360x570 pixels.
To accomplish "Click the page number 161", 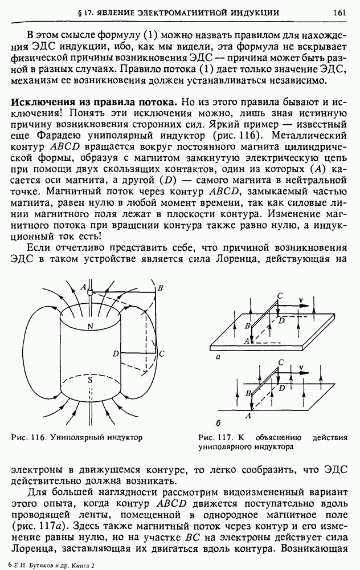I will pos(340,11).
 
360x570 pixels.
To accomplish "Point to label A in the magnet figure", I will pos(84,286).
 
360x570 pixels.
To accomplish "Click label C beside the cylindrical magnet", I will pos(162,354).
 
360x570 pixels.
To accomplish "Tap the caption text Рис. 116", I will pos(28,437).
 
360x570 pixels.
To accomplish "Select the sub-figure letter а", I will pos(219,355).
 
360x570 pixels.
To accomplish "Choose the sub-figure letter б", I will pos(219,422).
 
